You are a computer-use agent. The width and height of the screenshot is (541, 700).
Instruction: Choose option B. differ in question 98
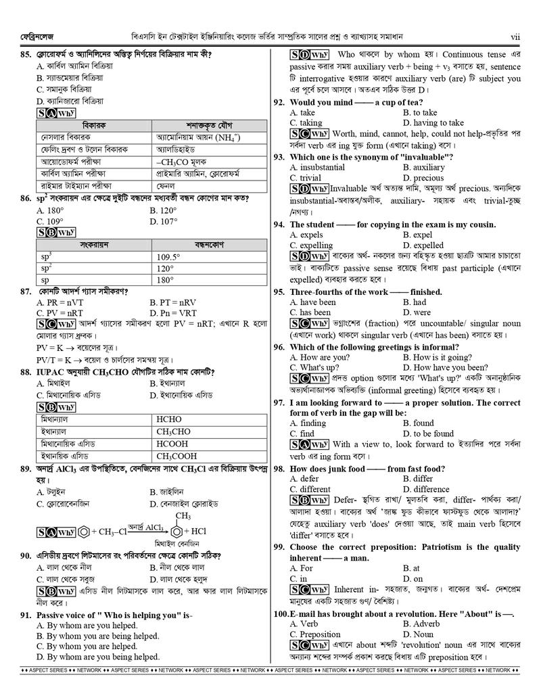click(418, 478)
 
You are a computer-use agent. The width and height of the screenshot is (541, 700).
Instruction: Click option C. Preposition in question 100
click(315, 634)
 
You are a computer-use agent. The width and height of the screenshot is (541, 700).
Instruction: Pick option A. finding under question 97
click(308, 423)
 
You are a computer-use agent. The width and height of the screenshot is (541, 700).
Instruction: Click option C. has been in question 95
click(310, 312)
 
